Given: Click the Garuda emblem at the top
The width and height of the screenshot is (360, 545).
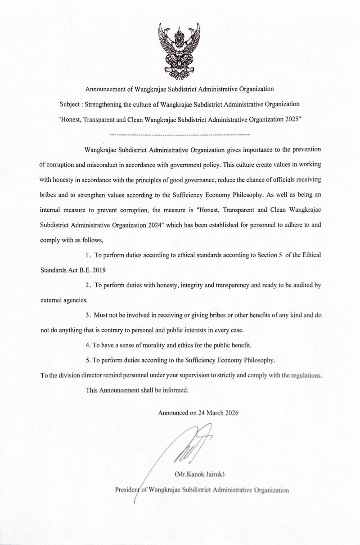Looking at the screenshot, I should click(179, 50).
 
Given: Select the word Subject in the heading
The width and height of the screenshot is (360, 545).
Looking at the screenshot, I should click(71, 104).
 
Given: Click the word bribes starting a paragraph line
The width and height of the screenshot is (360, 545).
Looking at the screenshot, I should click(48, 195).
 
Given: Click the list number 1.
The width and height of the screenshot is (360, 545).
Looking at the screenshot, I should click(88, 255).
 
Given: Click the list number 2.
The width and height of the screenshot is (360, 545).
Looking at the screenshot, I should click(88, 286).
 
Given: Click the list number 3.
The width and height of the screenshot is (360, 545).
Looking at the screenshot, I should click(88, 315).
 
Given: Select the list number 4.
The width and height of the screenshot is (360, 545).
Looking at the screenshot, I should click(88, 345).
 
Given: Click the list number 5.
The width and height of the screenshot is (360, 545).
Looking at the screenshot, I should click(88, 360).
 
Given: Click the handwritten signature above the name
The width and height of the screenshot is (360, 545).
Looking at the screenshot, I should click(191, 445).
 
